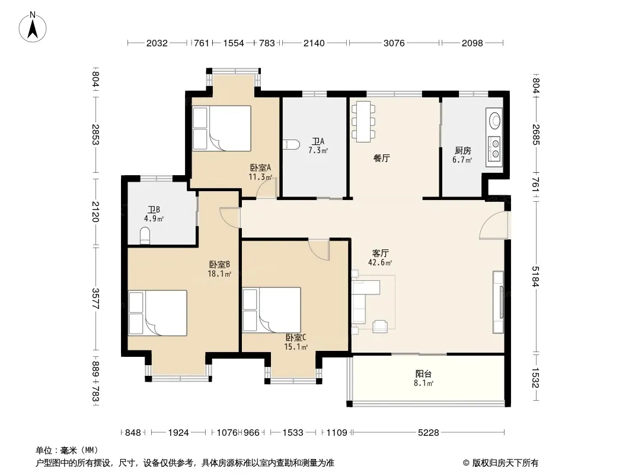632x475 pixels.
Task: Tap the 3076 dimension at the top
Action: pos(394,43)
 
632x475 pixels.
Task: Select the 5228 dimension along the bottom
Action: pos(428,433)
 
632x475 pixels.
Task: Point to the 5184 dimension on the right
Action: pos(535,277)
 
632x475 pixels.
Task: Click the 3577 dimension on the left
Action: pos(95,298)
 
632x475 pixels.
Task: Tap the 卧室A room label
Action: pos(260,167)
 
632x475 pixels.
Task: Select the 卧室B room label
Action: pos(219,264)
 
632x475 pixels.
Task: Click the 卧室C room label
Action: pos(296,337)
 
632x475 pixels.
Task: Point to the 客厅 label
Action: pos(380,253)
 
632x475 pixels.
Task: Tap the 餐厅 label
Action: pos(381,158)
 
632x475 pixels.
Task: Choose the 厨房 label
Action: pos(462,151)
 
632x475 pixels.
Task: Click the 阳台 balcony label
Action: pos(424,374)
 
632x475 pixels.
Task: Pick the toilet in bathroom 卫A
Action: pos(291,144)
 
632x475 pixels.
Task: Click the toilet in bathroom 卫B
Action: pos(145,236)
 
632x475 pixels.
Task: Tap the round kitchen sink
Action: pos(494,121)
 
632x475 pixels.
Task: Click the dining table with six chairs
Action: pos(363,122)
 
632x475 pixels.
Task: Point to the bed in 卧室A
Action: pos(222,128)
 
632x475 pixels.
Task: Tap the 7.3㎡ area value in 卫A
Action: pos(318,151)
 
